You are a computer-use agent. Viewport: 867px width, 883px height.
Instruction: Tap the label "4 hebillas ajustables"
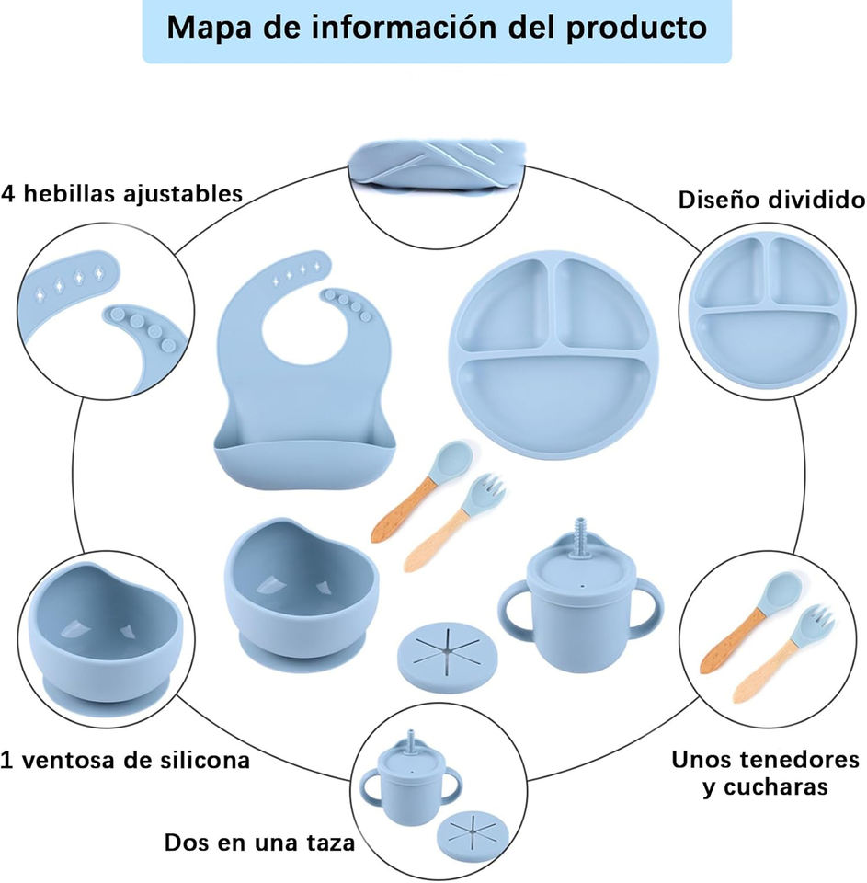click(x=121, y=194)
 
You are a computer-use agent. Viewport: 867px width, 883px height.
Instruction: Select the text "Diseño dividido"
click(x=771, y=200)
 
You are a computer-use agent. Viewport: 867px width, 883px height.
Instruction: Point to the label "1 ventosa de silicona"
click(x=126, y=761)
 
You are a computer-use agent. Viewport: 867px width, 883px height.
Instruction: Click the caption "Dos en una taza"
click(x=259, y=843)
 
